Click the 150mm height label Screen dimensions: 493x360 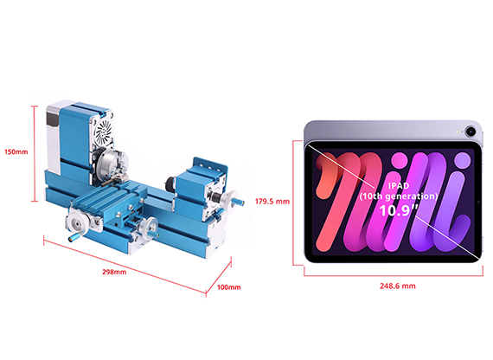pyautogui.click(x=16, y=152)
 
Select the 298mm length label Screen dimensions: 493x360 pyautogui.click(x=114, y=272)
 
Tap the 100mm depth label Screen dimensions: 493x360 pyautogui.click(x=229, y=287)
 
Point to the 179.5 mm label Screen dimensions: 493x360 pyautogui.click(x=272, y=202)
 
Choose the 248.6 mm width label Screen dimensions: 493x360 pyautogui.click(x=397, y=286)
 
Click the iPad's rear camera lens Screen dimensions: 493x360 pyautogui.click(x=471, y=131)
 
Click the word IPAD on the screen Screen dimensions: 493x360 pyautogui.click(x=399, y=186)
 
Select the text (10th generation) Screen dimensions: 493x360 pyautogui.click(x=399, y=196)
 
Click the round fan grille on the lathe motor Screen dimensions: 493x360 pyautogui.click(x=104, y=132)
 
